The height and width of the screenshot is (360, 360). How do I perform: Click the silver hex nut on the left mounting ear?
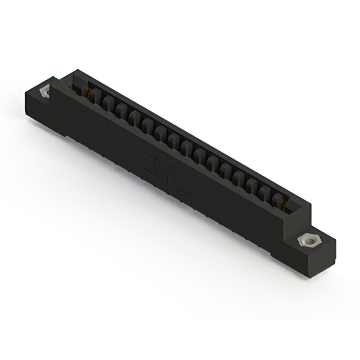click(x=44, y=91)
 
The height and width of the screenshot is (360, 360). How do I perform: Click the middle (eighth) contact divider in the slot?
click(x=186, y=148)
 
